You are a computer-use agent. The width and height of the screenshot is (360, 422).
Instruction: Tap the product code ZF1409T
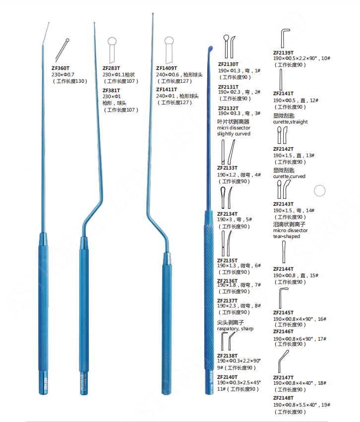167,68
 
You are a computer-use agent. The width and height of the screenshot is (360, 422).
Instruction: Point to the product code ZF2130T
228,64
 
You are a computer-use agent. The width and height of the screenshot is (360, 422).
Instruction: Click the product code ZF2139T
284,52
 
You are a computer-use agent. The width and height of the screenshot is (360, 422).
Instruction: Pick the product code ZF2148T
284,398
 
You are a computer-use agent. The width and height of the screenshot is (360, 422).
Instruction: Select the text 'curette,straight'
291,121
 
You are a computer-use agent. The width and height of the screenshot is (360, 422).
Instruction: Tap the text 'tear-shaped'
287,237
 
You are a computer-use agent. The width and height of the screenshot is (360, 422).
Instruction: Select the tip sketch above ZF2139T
284,38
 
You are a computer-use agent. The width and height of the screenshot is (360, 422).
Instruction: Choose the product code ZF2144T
284,269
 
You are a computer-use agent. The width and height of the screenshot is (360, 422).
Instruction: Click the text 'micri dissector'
234,127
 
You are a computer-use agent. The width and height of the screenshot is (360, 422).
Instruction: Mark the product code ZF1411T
167,89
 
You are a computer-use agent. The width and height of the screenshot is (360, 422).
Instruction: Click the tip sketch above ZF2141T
281,79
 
